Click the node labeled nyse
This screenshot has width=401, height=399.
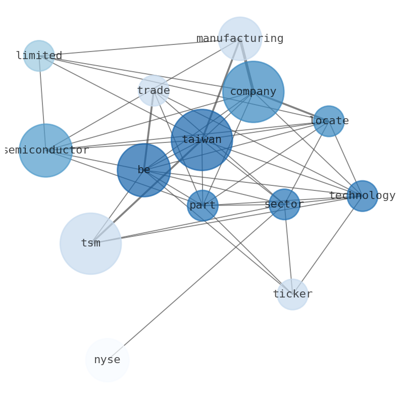point(107,360)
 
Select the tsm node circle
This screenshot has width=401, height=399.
point(90,243)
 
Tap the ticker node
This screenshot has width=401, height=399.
point(292,294)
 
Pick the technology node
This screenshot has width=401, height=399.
point(362,196)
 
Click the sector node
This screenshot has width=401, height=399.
point(284,205)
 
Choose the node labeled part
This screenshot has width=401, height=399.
point(203,206)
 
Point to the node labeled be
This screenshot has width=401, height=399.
point(144,170)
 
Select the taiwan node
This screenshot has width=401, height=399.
point(202,140)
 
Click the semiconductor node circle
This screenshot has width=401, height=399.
point(45,151)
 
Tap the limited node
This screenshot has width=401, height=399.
point(39,56)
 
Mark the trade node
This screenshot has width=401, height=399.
point(154,91)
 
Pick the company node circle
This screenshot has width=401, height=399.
point(253,92)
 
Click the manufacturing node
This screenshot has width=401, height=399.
point(240,38)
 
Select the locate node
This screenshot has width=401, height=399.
point(329,121)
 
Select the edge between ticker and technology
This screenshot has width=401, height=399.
point(327,245)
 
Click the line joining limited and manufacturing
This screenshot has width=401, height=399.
point(139,47)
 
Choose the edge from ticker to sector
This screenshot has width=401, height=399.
point(288,250)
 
